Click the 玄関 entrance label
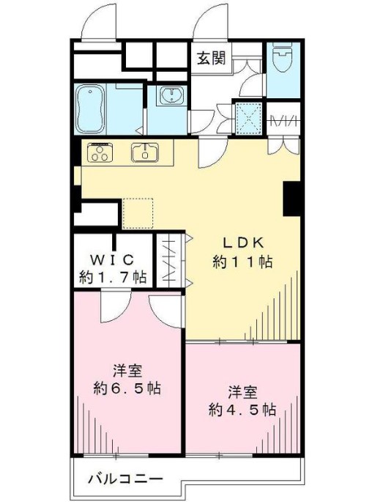[x=211, y=58]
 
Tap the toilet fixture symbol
[x=283, y=58]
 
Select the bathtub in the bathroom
[x=91, y=108]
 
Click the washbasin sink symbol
[x=172, y=95]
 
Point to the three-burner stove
[x=100, y=152]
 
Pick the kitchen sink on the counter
[x=145, y=152]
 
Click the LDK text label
[x=243, y=243]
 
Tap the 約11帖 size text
[x=242, y=262]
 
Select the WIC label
[x=111, y=259]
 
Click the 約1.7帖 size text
[x=113, y=277]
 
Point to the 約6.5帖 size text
[x=127, y=388]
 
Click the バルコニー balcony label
[x=125, y=479]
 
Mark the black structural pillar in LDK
[x=292, y=199]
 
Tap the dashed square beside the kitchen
[x=138, y=213]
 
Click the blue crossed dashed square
[x=248, y=118]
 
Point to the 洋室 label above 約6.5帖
[x=127, y=372]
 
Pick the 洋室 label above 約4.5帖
[x=242, y=393]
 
